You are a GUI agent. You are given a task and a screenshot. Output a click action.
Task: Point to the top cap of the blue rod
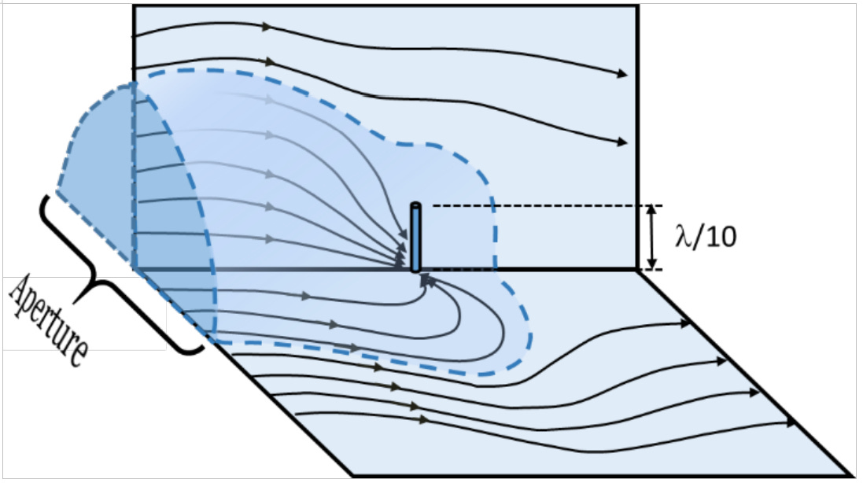tap(415, 206)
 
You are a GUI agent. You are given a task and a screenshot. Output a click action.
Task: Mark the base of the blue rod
tap(415, 269)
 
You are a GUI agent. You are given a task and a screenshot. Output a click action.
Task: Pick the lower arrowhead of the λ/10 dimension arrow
tap(652, 264)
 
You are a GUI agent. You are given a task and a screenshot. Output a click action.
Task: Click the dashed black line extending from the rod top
tap(535, 206)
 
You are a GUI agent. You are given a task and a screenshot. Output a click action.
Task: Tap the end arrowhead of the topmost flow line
tap(623, 74)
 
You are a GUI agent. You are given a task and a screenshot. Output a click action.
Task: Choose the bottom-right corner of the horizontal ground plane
tap(853, 474)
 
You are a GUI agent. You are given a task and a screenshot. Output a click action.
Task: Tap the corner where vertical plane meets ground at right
tap(636, 270)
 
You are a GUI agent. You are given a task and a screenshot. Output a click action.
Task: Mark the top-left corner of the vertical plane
tap(134, 7)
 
